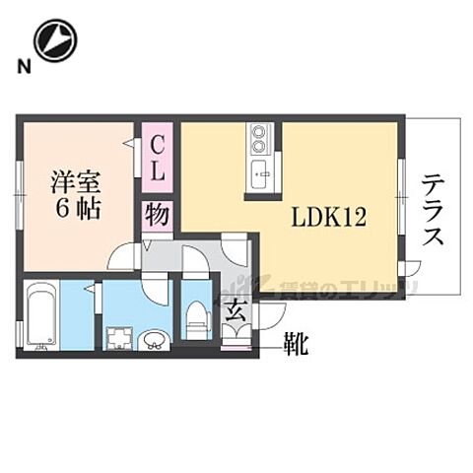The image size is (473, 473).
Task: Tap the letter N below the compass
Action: [x=22, y=67]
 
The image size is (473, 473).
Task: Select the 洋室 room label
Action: [x=77, y=182]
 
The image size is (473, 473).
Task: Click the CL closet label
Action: [x=158, y=159]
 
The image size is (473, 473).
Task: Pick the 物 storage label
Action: [x=158, y=214]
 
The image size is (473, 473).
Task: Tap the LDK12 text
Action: [x=328, y=217]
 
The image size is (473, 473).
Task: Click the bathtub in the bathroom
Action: [x=40, y=315]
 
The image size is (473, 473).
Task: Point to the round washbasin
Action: [x=155, y=341]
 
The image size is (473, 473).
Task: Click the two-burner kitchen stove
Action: [x=259, y=136]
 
